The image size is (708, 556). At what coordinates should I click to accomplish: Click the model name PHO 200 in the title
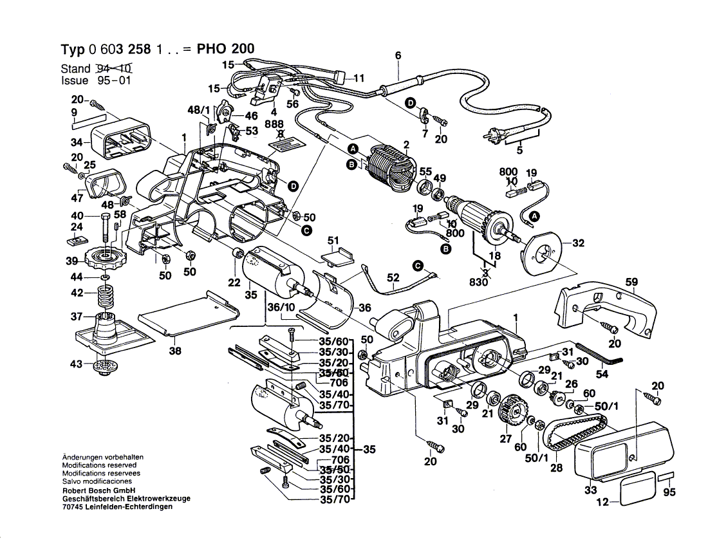pos(227,49)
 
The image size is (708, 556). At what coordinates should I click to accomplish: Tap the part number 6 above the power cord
pos(398,56)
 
